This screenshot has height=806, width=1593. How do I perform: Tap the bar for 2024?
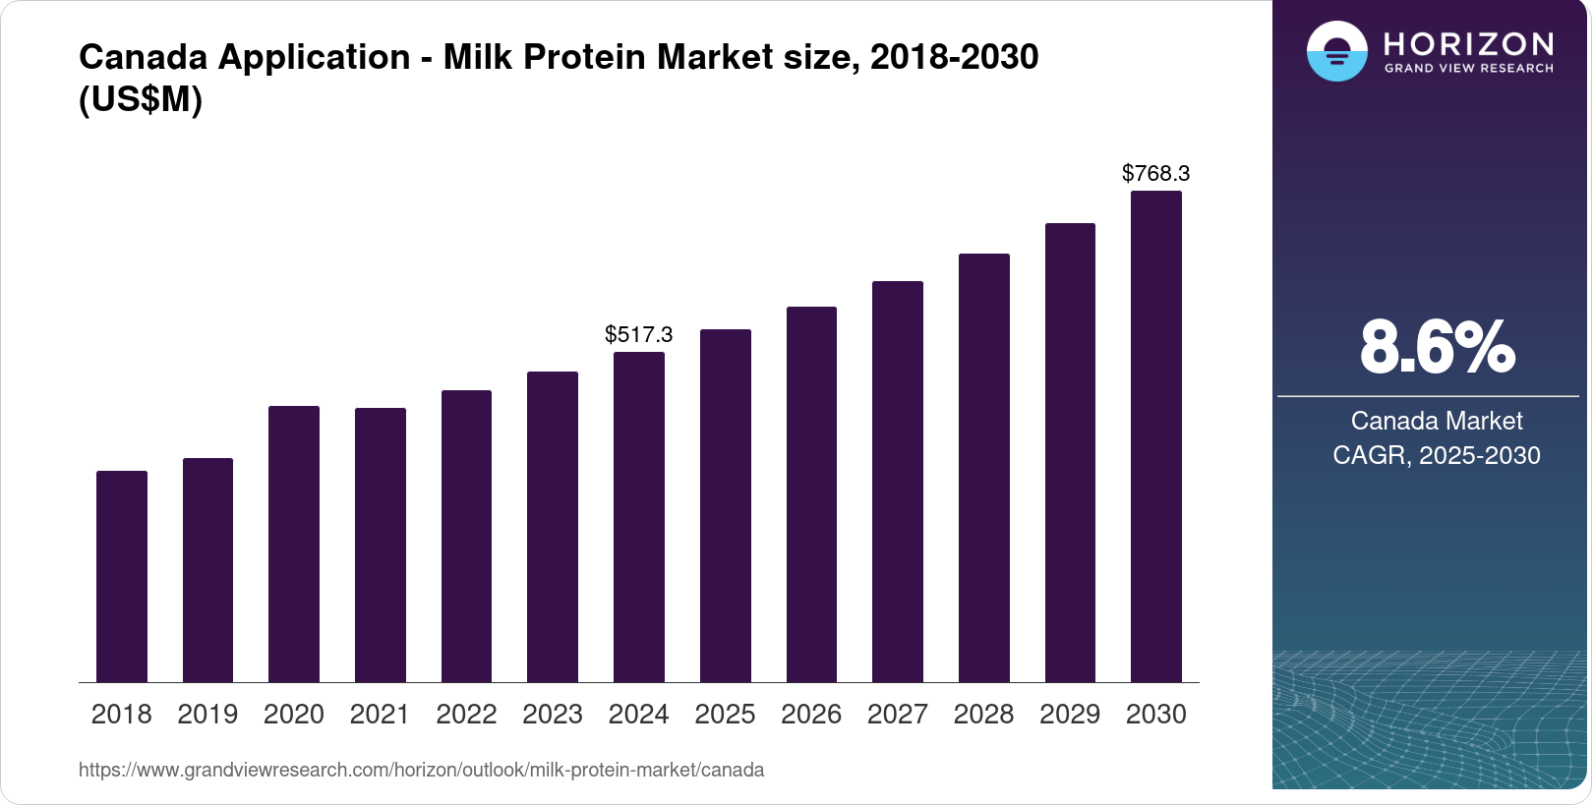639,517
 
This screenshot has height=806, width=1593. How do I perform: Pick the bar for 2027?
898,482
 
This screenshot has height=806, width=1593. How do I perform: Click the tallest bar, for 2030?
1156,436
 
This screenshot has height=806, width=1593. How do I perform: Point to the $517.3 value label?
639,334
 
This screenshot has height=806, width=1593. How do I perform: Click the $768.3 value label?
1156,173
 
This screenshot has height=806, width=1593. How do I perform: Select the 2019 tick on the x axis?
207,714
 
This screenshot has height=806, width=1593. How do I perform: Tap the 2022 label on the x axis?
466,714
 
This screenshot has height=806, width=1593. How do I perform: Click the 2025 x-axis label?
725,714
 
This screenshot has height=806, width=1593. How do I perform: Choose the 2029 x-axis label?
1070,714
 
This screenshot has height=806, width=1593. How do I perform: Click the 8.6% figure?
1437,347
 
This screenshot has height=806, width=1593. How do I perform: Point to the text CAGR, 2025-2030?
1437,455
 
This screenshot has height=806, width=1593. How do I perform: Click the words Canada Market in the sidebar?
1437,421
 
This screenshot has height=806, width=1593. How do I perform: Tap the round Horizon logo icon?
1336,51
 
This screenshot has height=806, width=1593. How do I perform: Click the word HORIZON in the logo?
1468,43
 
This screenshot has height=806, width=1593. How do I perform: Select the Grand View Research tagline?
1468,68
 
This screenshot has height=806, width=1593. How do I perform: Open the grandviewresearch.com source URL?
421,770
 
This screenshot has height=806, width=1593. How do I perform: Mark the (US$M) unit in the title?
141,99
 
